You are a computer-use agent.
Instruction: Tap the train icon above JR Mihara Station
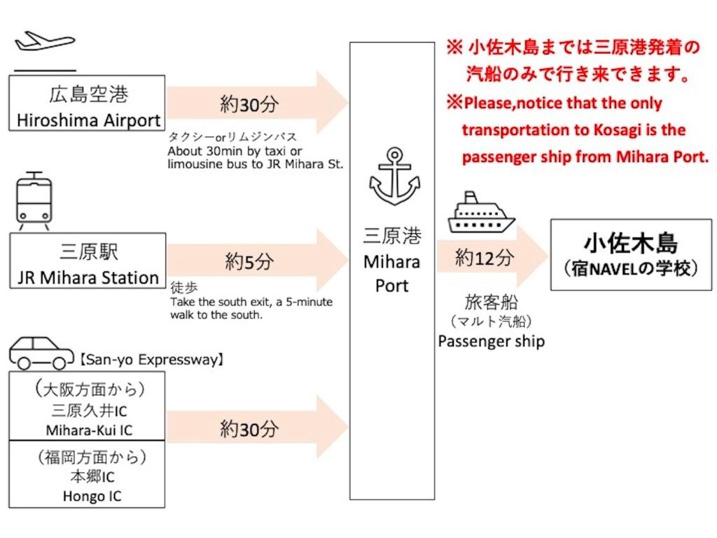coord(34,201)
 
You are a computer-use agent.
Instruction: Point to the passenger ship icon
coord(481,214)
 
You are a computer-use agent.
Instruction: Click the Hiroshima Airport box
coord(88,104)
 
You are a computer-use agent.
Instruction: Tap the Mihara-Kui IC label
coord(88,429)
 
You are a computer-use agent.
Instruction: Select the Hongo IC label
coord(92,496)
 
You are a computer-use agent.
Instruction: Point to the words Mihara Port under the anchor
coord(391,274)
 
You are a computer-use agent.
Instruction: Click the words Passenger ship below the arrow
coord(491,341)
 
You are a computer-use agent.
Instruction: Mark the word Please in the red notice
coord(489,104)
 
